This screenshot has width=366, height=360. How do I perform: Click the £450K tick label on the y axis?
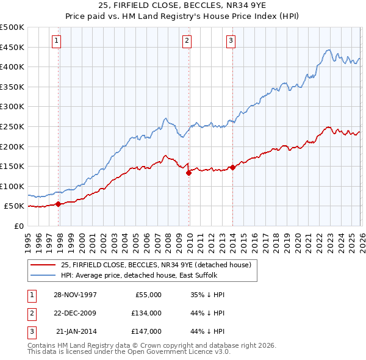(x=12, y=47)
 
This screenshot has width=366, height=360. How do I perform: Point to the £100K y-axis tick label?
(x=12, y=186)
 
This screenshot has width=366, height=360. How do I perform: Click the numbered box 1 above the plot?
(x=56, y=41)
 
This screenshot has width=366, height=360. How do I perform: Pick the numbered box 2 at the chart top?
(x=187, y=41)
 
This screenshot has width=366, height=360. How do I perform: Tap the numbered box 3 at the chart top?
(x=231, y=41)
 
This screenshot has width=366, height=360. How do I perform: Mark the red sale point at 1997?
(x=58, y=204)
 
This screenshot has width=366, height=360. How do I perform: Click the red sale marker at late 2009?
(x=188, y=173)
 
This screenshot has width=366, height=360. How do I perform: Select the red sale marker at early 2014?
(x=232, y=167)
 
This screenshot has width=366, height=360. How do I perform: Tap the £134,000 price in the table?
(x=147, y=313)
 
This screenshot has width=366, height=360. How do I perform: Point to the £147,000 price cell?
(x=147, y=331)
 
